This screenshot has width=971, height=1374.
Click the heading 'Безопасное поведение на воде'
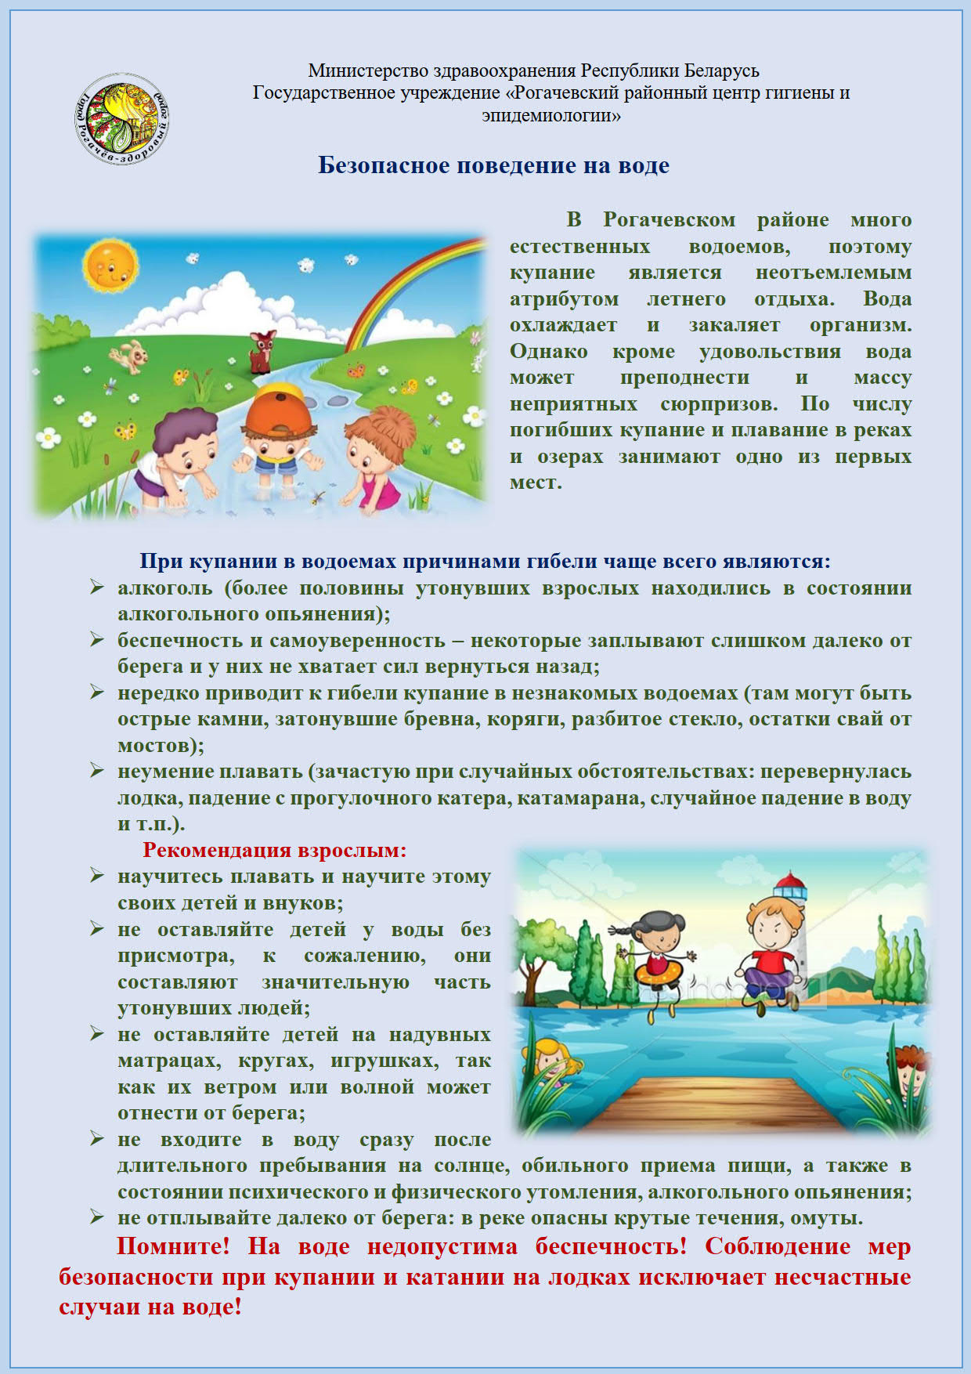(x=493, y=165)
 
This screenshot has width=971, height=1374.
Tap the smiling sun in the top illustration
(x=110, y=264)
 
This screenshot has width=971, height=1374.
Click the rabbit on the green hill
(x=129, y=356)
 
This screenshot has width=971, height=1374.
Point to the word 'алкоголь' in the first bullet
(x=164, y=588)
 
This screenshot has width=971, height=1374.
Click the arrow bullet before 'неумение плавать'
(x=96, y=771)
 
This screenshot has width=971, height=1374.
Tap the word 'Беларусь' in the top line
(x=721, y=71)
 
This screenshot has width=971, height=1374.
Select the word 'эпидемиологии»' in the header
(x=551, y=115)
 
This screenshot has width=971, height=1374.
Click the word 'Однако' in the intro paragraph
(x=548, y=351)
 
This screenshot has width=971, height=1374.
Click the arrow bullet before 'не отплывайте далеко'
(x=96, y=1217)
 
